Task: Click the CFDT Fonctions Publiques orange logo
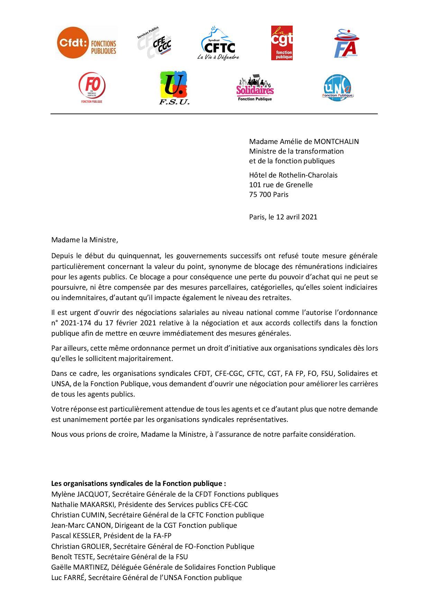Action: [86, 43]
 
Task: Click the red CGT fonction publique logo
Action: [282, 43]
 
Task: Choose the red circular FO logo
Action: [92, 88]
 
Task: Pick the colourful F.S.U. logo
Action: [174, 88]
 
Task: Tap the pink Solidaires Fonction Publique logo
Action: [255, 88]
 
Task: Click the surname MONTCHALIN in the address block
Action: [336, 142]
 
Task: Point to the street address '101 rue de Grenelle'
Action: [281, 185]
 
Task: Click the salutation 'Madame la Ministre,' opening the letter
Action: [84, 240]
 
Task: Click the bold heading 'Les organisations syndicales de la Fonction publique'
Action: [138, 483]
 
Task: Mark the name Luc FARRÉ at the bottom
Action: [68, 578]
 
